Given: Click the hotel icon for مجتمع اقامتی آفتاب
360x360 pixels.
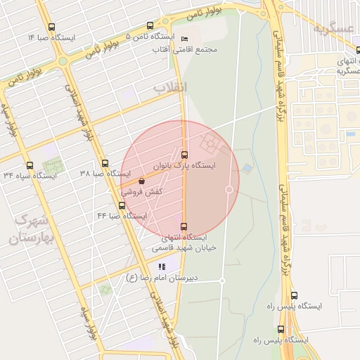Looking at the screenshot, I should (x=184, y=38).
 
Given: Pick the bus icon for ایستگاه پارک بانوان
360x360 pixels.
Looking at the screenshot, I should (x=185, y=154).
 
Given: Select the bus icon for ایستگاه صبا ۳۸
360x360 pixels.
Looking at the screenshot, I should (x=104, y=163).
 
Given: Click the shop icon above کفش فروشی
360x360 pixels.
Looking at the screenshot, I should (x=142, y=181).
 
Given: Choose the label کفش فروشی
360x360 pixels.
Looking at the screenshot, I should (x=143, y=191).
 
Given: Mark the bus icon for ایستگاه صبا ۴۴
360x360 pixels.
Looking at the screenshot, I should (x=122, y=205).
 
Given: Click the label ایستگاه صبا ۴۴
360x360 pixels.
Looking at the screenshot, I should (x=122, y=216).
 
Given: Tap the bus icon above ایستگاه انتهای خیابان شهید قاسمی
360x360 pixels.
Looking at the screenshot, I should (x=184, y=226).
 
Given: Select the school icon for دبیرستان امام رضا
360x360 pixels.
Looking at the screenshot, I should (x=162, y=266).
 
